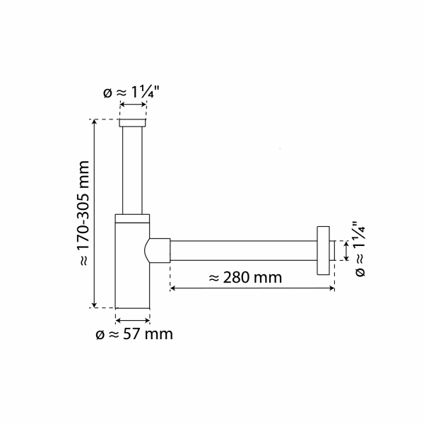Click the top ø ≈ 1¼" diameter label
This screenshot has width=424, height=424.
(132, 92)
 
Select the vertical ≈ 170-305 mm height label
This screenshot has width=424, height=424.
(83, 213)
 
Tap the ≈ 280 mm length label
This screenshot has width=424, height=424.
(245, 278)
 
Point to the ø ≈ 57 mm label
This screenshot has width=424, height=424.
(134, 333)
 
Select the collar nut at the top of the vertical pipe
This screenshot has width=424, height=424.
(132, 124)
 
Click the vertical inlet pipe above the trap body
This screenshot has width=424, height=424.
(132, 170)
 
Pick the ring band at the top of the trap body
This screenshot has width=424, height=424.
(132, 218)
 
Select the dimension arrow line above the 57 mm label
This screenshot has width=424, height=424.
(132, 319)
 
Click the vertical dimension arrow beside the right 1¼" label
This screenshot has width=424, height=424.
(346, 251)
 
